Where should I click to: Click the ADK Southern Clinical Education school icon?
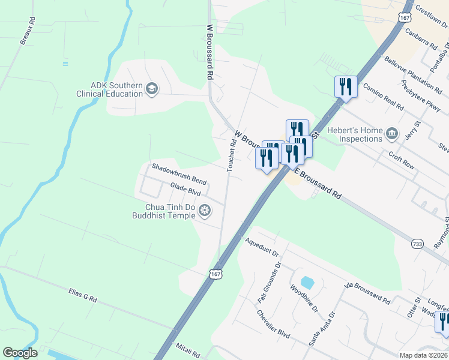(x=152, y=89)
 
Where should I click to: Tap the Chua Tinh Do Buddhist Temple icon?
(x=205, y=210)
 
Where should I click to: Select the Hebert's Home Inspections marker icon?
(x=392, y=133)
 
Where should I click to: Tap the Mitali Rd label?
(x=187, y=347)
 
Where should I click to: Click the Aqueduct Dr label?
(x=263, y=247)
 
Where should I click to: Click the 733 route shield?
(x=418, y=244)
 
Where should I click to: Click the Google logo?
(x=20, y=353)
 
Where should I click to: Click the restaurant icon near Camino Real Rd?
(x=346, y=88)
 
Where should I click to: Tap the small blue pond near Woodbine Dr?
(x=307, y=282)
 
